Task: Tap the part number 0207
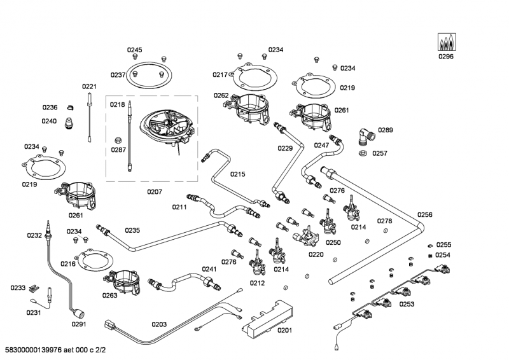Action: [155, 191]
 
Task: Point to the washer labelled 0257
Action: [363, 153]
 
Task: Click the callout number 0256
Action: [425, 215]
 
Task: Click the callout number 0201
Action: [284, 329]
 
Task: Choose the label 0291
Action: [78, 324]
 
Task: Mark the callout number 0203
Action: [159, 324]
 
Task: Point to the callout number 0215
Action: [237, 174]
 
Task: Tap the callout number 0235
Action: [132, 230]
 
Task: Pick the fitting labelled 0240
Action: [69, 122]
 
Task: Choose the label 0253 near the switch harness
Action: [407, 304]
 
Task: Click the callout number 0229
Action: [285, 148]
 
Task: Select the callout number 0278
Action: [384, 221]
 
